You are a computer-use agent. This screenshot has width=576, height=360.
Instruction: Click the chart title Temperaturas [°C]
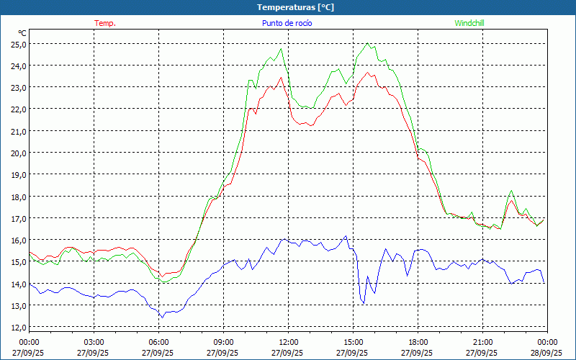coord(295,6)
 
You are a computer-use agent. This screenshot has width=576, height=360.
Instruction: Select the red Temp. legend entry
coord(105,23)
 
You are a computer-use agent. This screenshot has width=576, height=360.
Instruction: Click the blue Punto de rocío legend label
coord(287,23)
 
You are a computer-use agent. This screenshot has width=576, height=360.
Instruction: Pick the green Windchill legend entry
coord(469,23)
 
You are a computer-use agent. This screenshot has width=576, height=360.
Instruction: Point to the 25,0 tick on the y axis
coord(18,44)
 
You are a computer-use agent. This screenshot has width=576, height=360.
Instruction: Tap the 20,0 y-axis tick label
coord(18,153)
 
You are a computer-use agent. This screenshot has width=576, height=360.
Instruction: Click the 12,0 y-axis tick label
coord(18,327)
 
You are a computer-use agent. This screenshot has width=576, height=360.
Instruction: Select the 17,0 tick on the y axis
coord(18,218)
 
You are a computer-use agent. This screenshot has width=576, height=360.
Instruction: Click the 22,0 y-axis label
coord(18,109)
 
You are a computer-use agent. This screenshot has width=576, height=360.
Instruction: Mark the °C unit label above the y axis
coord(22,33)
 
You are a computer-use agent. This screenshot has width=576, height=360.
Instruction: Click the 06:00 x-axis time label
coord(158,342)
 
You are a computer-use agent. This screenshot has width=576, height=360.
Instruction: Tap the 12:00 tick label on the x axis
coord(288,342)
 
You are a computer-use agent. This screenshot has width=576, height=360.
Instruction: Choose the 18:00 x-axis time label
coord(418,342)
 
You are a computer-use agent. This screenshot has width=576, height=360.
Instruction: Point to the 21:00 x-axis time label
coord(482,342)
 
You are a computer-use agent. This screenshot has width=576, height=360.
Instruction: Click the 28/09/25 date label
coord(547,353)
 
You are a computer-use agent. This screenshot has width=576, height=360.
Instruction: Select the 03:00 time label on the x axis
coord(94,342)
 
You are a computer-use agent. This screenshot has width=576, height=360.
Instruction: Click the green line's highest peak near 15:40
coord(368,43)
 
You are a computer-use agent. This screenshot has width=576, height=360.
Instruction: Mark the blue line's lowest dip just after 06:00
coord(162,317)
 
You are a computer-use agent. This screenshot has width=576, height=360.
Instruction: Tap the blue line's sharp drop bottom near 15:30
coord(364,303)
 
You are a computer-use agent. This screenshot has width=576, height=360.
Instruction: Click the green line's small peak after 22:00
coord(511,191)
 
